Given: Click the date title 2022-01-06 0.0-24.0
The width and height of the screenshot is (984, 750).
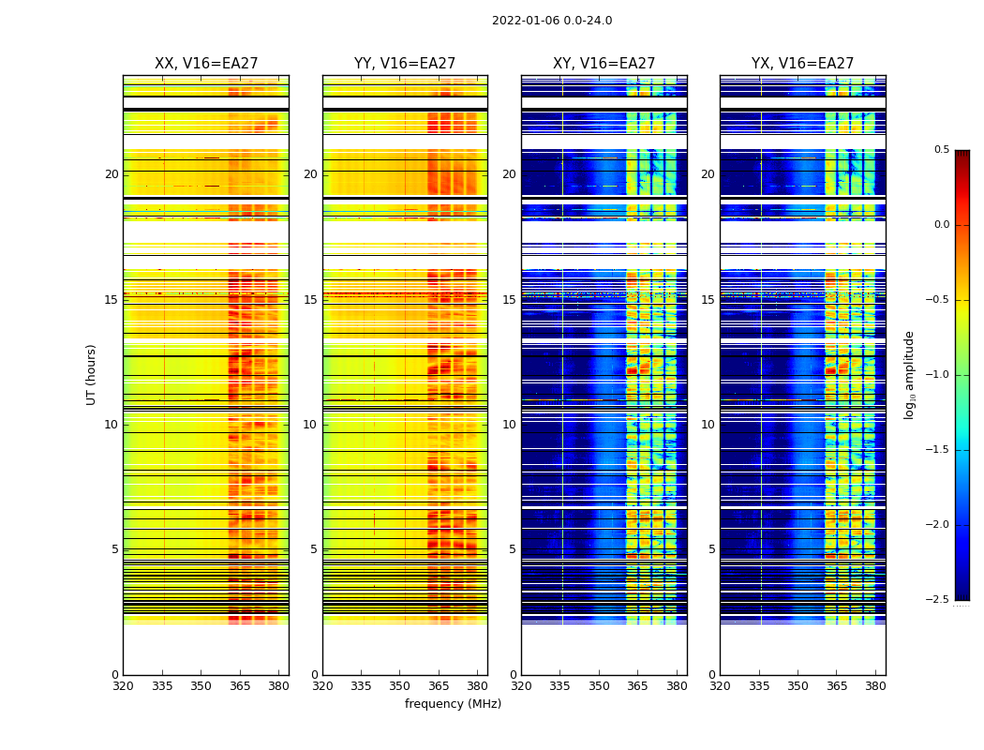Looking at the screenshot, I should (552, 21).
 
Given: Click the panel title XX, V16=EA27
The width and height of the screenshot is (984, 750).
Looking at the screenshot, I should (206, 64).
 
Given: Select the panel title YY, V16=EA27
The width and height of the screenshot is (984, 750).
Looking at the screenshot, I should (405, 64).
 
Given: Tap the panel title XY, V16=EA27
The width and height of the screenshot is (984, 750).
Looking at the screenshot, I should (604, 64).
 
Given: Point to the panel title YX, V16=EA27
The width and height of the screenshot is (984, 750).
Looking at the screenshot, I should (802, 64).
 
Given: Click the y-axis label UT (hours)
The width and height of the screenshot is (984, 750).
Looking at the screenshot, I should (91, 374).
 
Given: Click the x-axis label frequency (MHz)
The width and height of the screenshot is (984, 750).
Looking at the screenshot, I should (453, 704).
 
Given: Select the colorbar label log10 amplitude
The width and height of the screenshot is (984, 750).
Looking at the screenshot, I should (909, 374).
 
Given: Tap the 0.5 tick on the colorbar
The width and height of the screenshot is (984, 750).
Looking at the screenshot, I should (941, 150).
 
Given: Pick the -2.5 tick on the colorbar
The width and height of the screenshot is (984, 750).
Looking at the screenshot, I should (937, 599).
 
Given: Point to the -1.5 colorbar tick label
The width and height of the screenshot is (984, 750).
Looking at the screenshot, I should (937, 450).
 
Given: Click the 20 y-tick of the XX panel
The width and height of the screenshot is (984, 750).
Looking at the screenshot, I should (112, 174).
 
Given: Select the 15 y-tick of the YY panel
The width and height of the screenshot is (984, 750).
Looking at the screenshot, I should (310, 300).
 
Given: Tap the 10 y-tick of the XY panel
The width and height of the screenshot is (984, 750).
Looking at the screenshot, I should (509, 425).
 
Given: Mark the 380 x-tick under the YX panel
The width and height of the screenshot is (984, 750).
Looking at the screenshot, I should (875, 686).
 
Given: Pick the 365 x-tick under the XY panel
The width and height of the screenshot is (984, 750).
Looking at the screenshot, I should (637, 686).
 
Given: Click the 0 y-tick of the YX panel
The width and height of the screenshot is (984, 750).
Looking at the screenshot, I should (711, 675).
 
